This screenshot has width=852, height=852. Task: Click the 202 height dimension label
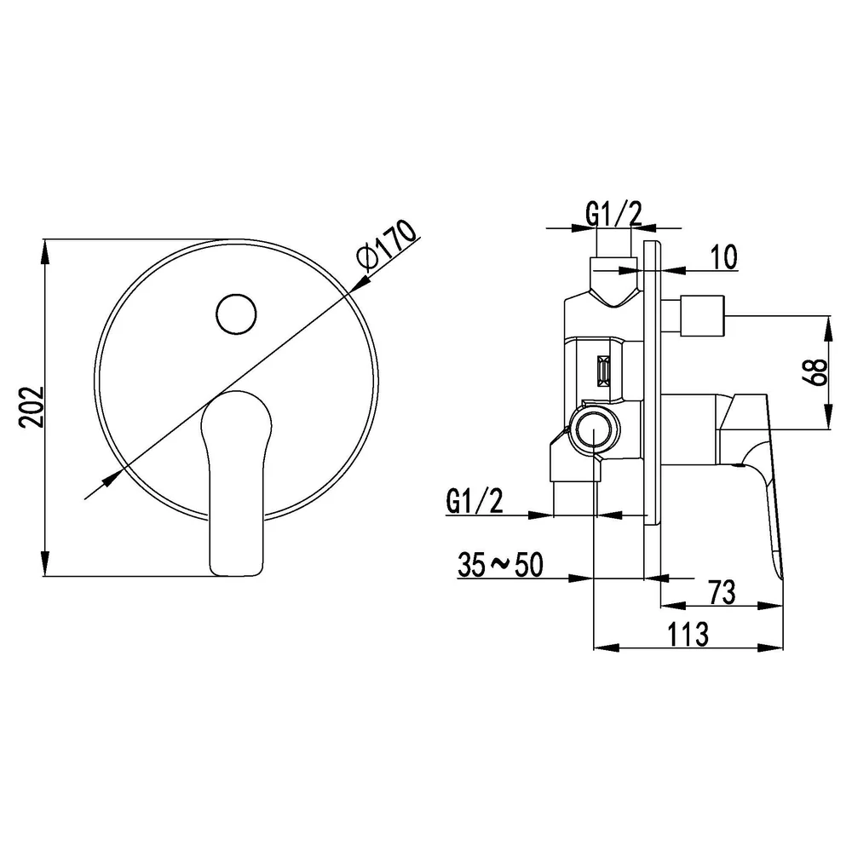pyautogui.click(x=31, y=407)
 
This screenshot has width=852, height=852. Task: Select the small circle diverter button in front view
pyautogui.click(x=236, y=314)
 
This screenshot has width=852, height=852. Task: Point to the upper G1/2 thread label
pyautogui.click(x=614, y=213)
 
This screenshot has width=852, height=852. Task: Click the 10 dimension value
pyautogui.click(x=723, y=256)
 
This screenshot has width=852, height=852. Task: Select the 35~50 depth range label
pyautogui.click(x=500, y=565)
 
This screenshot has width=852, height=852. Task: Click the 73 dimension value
pyautogui.click(x=722, y=592)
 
